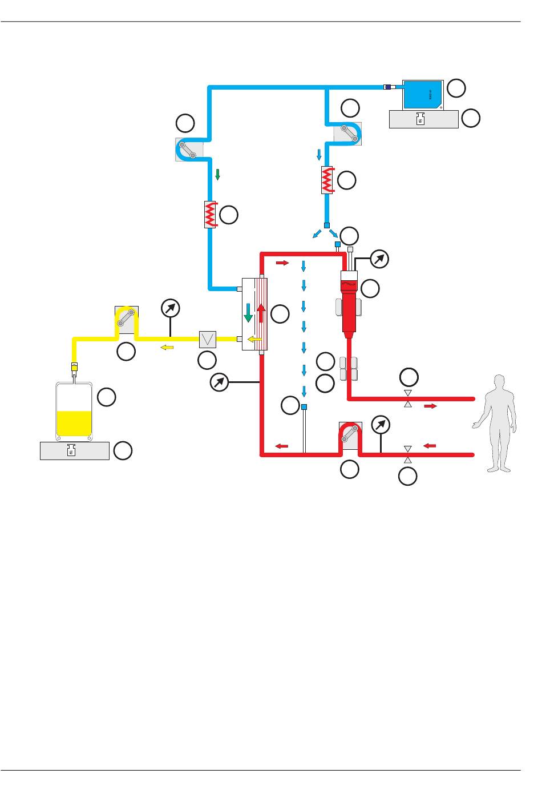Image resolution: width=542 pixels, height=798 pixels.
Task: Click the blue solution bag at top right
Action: tap(421, 95)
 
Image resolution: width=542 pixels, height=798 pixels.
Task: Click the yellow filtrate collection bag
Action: tap(74, 411)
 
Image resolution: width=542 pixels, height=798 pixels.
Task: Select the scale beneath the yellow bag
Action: tap(74, 451)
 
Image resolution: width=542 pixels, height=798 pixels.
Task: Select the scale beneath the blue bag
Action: tap(423, 119)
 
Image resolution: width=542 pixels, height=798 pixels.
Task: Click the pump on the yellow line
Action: tap(126, 320)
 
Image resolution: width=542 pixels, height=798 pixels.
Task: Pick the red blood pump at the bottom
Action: tap(350, 436)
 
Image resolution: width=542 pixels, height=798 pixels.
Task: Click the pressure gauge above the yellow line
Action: tap(170, 309)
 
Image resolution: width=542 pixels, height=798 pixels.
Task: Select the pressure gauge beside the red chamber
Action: tap(379, 260)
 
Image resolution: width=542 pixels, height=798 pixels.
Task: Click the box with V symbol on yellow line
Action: tap(207, 340)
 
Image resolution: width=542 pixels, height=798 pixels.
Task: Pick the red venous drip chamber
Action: tap(349, 303)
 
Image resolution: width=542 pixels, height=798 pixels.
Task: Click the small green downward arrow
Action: tap(217, 175)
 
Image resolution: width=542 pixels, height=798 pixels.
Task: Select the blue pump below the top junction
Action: tap(347, 134)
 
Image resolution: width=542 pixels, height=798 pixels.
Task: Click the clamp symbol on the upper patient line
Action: tap(407, 398)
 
